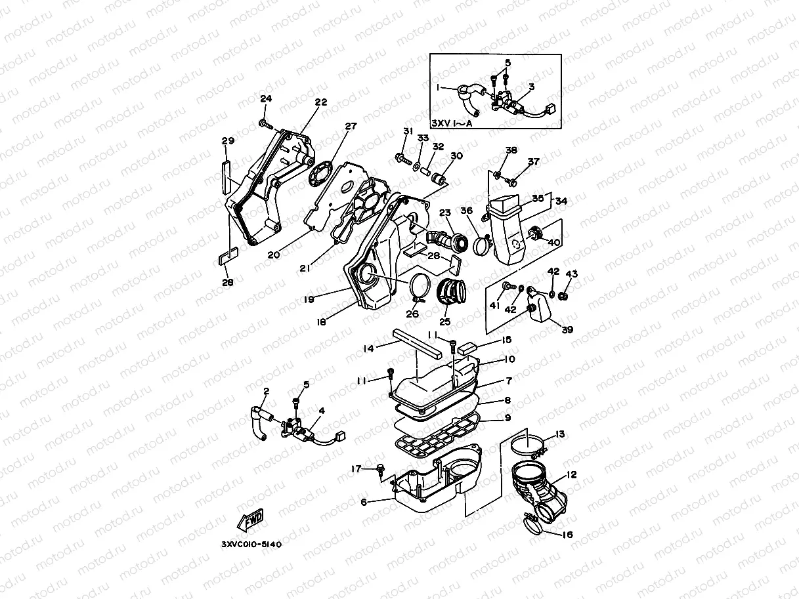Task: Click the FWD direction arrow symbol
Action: tap(250, 520)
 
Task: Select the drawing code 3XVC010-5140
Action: tap(251, 545)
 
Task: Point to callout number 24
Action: tap(265, 99)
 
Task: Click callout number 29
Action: tap(228, 141)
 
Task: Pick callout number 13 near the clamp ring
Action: tap(559, 434)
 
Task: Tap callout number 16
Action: tap(567, 535)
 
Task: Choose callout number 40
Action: tap(553, 242)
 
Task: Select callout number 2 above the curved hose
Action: tap(266, 392)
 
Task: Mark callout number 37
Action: tap(534, 161)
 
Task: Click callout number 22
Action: tap(320, 102)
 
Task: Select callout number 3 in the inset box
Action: tap(530, 87)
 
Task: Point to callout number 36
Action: tap(467, 211)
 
